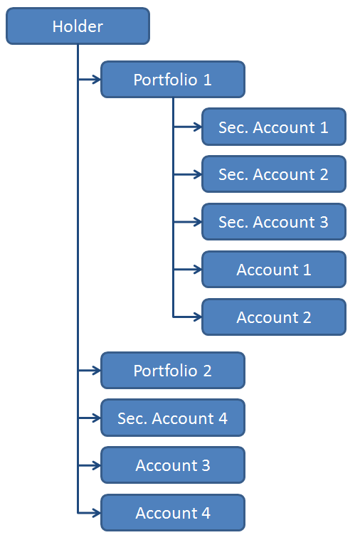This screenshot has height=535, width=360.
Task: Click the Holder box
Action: [78, 26]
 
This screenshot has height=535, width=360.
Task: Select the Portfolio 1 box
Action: [173, 80]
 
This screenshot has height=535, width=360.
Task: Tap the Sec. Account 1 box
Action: [274, 127]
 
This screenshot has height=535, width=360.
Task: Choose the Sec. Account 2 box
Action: [274, 174]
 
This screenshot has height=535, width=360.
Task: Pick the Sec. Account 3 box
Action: [274, 222]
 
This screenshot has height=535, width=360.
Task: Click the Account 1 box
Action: [274, 270]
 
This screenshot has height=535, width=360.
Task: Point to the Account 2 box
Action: [274, 317]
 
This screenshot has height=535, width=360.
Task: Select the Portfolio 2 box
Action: [173, 371]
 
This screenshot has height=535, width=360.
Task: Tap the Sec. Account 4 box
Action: [173, 418]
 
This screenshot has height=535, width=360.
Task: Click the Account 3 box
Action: [173, 465]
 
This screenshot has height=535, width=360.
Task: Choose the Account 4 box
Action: [173, 513]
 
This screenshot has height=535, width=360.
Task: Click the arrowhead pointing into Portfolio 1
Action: [97, 80]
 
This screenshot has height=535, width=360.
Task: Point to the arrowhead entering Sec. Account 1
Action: [198, 127]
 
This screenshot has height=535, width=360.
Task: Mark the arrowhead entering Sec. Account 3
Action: [198, 222]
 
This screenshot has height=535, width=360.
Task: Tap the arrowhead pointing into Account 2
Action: [198, 317]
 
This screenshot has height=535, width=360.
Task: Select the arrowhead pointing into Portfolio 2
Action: [97, 371]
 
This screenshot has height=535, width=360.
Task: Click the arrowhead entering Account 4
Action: [97, 513]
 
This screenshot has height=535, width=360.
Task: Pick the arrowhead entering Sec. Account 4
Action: [97, 418]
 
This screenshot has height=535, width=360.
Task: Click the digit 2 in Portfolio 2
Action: [208, 371]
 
